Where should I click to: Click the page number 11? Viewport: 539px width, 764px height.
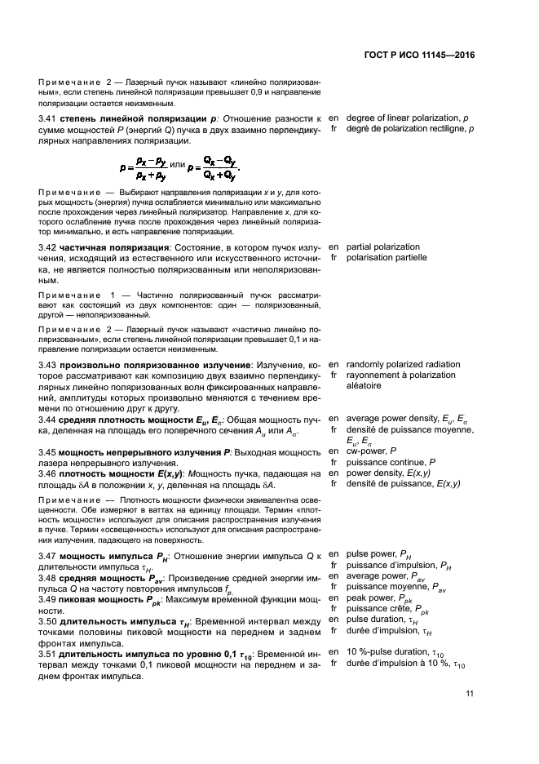coord(470,694)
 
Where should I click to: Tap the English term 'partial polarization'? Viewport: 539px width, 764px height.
coord(383,247)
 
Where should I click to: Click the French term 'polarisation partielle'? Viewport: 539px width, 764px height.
coord(387,257)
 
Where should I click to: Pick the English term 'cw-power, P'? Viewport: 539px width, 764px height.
coord(371,451)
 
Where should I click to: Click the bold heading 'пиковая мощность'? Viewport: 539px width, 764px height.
coord(110,598)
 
